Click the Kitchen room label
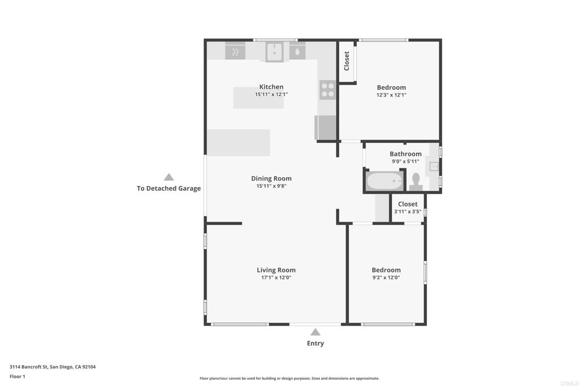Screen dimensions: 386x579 (271, 87)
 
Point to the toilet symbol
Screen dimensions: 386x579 (416, 180)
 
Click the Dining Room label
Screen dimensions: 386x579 (271, 179)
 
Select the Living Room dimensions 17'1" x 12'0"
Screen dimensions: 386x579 (276, 277)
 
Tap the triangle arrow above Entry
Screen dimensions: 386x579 (315, 332)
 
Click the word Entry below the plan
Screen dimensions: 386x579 (315, 344)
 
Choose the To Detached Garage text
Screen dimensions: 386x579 (168, 189)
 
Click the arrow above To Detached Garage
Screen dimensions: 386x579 (168, 177)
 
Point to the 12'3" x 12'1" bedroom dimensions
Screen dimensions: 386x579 (391, 95)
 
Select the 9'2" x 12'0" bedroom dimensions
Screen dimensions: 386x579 (386, 277)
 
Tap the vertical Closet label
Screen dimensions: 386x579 (347, 61)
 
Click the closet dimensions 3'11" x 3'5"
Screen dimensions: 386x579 (408, 212)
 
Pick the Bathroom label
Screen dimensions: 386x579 (405, 154)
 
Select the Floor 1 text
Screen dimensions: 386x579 (18, 376)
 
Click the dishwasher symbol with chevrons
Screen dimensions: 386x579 (235, 52)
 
